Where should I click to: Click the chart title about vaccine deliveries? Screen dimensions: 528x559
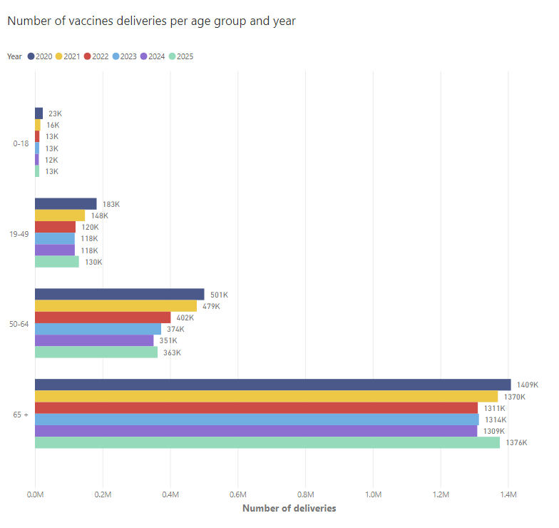click(151, 21)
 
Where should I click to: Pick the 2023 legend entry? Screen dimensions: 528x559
click(125, 56)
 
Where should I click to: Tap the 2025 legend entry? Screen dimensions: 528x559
click(180, 56)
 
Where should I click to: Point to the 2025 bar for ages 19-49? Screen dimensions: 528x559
click(57, 262)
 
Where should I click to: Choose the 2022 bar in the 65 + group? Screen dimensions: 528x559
click(256, 408)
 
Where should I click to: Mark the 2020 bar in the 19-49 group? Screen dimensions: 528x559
click(66, 203)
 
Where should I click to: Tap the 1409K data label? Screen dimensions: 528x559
click(527, 385)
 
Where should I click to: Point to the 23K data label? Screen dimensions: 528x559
click(55, 113)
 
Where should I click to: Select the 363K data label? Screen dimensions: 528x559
click(172, 352)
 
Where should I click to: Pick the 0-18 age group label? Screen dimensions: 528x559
click(21, 143)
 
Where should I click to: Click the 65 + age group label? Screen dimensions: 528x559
click(21, 414)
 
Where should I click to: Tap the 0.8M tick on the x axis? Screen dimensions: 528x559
click(305, 494)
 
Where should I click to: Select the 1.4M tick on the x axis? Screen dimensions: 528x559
click(508, 494)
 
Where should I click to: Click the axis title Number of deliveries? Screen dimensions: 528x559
click(289, 509)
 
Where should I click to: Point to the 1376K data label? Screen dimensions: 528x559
click(516, 443)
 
